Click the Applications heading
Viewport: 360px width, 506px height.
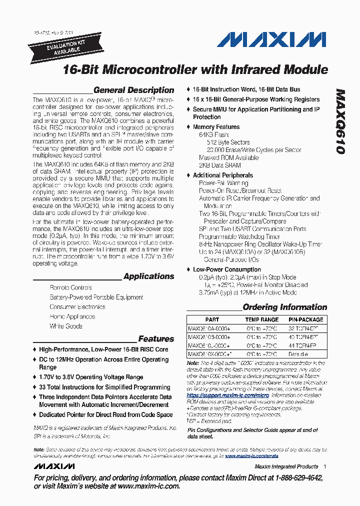(148, 276)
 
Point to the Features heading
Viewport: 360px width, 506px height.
(156, 339)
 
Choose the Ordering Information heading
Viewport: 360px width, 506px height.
(284, 307)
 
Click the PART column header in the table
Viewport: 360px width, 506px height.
(212, 319)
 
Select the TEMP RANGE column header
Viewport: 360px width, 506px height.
(261, 319)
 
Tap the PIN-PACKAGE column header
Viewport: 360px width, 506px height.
(305, 319)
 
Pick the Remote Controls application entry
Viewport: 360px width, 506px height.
(70, 288)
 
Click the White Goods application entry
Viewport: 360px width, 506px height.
(66, 326)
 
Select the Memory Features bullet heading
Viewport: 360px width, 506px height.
(216, 127)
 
